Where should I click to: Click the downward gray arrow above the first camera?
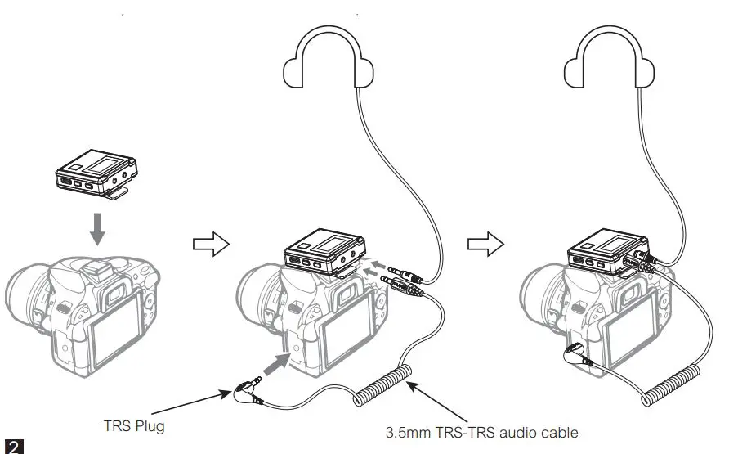pyautogui.click(x=97, y=228)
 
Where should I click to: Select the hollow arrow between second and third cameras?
pyautogui.click(x=485, y=244)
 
